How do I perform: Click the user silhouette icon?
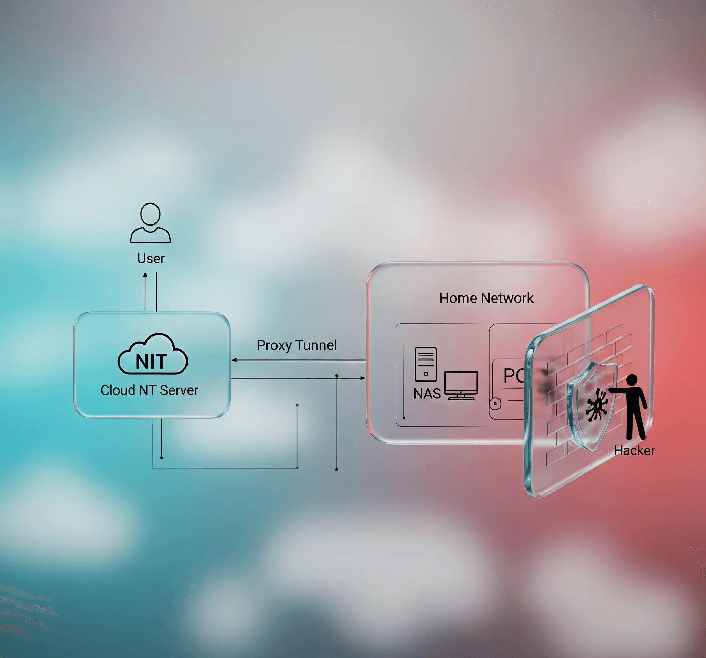[150, 223]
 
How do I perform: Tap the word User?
[151, 259]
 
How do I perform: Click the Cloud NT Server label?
[149, 390]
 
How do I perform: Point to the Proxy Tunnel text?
[296, 345]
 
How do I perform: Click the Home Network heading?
[486, 298]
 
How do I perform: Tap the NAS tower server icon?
[426, 364]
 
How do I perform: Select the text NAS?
[426, 394]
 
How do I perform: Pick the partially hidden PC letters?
[514, 375]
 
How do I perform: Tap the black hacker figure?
[634, 408]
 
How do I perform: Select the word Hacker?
[634, 450]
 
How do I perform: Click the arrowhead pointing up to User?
[145, 275]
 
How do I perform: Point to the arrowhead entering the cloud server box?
[234, 360]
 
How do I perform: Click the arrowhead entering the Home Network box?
[363, 378]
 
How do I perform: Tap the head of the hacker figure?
[632, 380]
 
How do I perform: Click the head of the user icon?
[150, 214]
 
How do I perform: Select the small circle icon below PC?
[495, 403]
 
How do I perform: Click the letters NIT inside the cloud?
[151, 362]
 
